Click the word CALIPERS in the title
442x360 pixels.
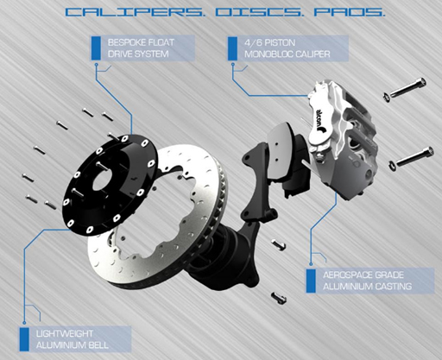(134, 12)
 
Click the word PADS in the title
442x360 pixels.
(349, 12)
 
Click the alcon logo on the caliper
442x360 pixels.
(320, 119)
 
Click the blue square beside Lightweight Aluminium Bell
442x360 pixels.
(24, 339)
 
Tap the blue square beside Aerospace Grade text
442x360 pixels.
(311, 281)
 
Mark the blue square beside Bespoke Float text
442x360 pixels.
(96, 48)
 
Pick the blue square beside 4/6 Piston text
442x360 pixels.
(232, 48)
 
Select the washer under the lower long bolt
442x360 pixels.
(392, 166)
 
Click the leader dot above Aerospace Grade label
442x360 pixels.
(311, 264)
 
